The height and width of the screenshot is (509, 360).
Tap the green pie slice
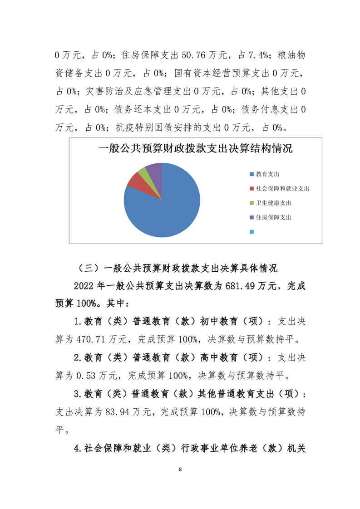143,171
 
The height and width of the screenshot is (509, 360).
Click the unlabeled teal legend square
252,232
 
